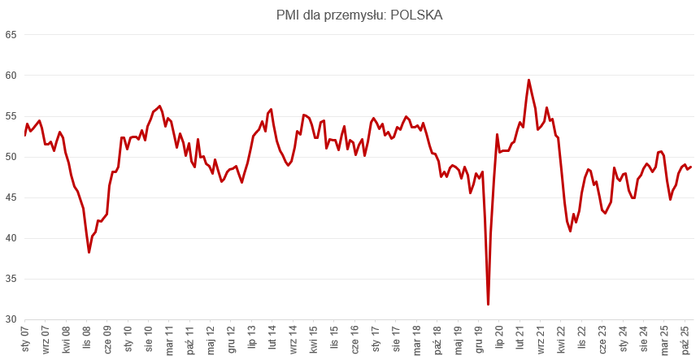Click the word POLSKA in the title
(x=414, y=15)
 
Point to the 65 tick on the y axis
(x=11, y=35)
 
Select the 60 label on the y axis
(x=11, y=76)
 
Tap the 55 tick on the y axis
(x=11, y=116)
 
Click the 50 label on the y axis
(x=11, y=157)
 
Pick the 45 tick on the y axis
(x=11, y=197)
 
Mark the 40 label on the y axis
(x=11, y=238)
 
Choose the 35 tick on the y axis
(x=11, y=279)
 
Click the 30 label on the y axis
(x=11, y=319)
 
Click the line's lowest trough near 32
(x=488, y=304)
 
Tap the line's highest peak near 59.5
(x=528, y=80)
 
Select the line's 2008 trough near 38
(x=89, y=253)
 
